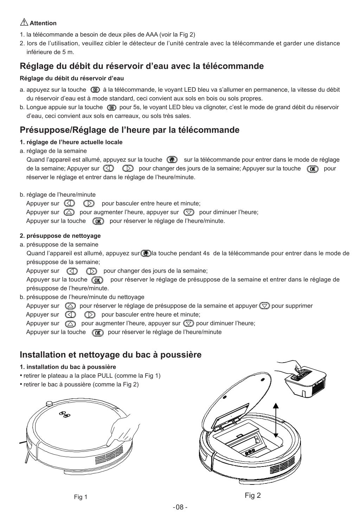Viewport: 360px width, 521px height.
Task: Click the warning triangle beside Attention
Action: [24, 22]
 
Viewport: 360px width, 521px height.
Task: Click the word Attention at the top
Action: [43, 23]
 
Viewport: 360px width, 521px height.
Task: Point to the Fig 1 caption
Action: [81, 497]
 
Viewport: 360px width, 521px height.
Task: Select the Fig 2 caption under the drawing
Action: [252, 495]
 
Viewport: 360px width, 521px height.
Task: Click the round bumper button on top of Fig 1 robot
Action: [49, 403]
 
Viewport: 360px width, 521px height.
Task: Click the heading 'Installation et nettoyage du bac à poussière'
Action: [111, 354]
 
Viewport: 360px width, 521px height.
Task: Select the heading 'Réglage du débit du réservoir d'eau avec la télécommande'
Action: [142, 66]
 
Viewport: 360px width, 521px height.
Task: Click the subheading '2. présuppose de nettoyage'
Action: [60, 236]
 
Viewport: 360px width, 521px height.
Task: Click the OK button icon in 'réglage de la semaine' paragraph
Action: [312, 169]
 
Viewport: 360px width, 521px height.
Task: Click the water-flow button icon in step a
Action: [95, 90]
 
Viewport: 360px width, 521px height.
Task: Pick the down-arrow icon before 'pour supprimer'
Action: [264, 306]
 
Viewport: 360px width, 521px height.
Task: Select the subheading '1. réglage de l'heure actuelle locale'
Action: [71, 142]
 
